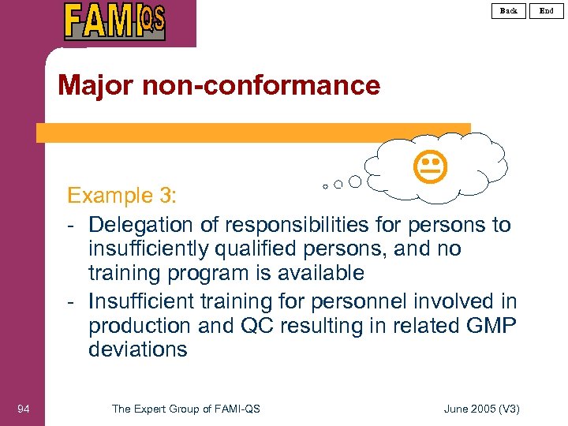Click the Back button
point(509,10)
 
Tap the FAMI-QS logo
point(115,21)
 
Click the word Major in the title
point(95,85)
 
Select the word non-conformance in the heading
point(261,85)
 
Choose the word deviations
point(138,349)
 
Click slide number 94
point(24,408)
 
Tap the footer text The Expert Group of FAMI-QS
point(186,408)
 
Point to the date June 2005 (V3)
point(482,408)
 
